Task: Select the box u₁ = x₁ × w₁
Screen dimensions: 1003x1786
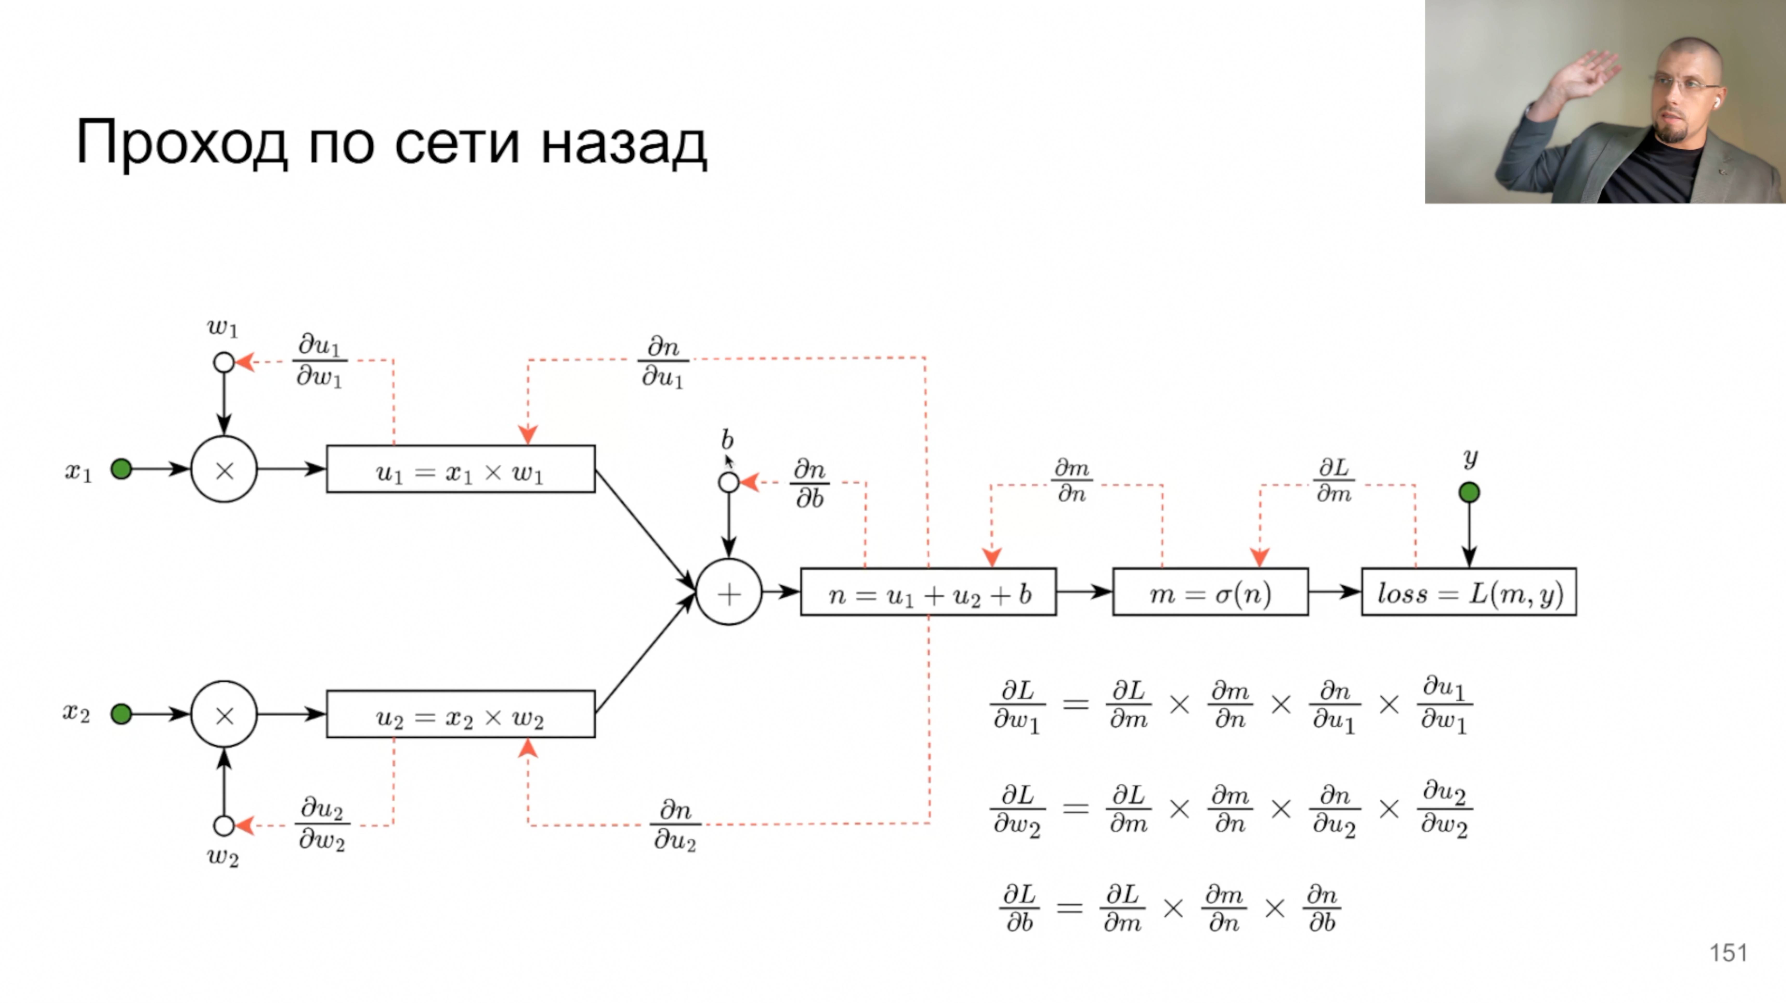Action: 460,469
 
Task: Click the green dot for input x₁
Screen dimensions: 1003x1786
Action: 121,469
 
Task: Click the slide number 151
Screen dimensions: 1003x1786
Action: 1728,953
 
